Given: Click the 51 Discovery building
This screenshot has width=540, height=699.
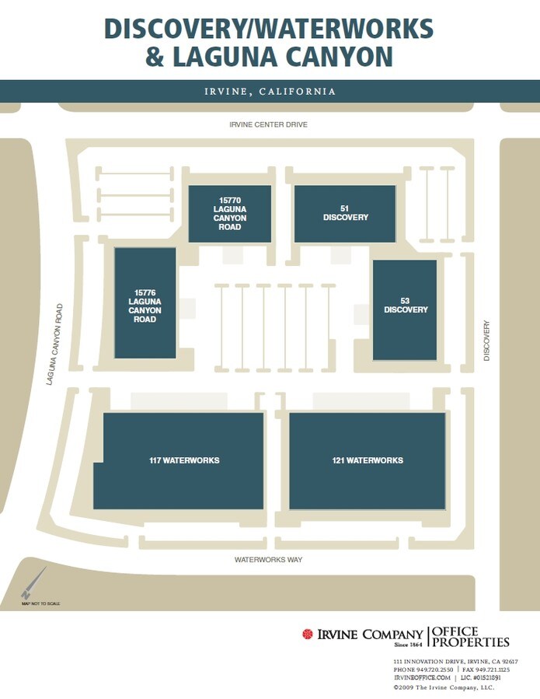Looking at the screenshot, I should [345, 213].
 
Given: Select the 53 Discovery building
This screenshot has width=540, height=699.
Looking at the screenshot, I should [405, 309].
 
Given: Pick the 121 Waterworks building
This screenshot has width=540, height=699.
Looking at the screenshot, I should [368, 460].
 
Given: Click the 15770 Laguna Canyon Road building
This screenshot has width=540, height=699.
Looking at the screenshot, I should [230, 214].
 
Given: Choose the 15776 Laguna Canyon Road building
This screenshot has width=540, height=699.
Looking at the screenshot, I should [145, 303].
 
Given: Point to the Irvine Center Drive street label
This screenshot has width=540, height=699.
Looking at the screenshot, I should [269, 124].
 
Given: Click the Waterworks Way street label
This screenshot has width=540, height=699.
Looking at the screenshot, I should [269, 560].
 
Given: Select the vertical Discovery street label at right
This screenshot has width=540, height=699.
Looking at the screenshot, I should [487, 341].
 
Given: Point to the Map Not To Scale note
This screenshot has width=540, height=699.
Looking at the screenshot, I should [40, 604].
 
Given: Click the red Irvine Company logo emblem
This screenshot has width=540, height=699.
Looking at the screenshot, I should [308, 634].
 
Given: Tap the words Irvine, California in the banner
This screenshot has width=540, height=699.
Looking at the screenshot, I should [270, 92].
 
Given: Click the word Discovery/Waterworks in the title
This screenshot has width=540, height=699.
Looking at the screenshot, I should [269, 28].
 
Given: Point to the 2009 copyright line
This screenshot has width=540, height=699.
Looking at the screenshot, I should [444, 687].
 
